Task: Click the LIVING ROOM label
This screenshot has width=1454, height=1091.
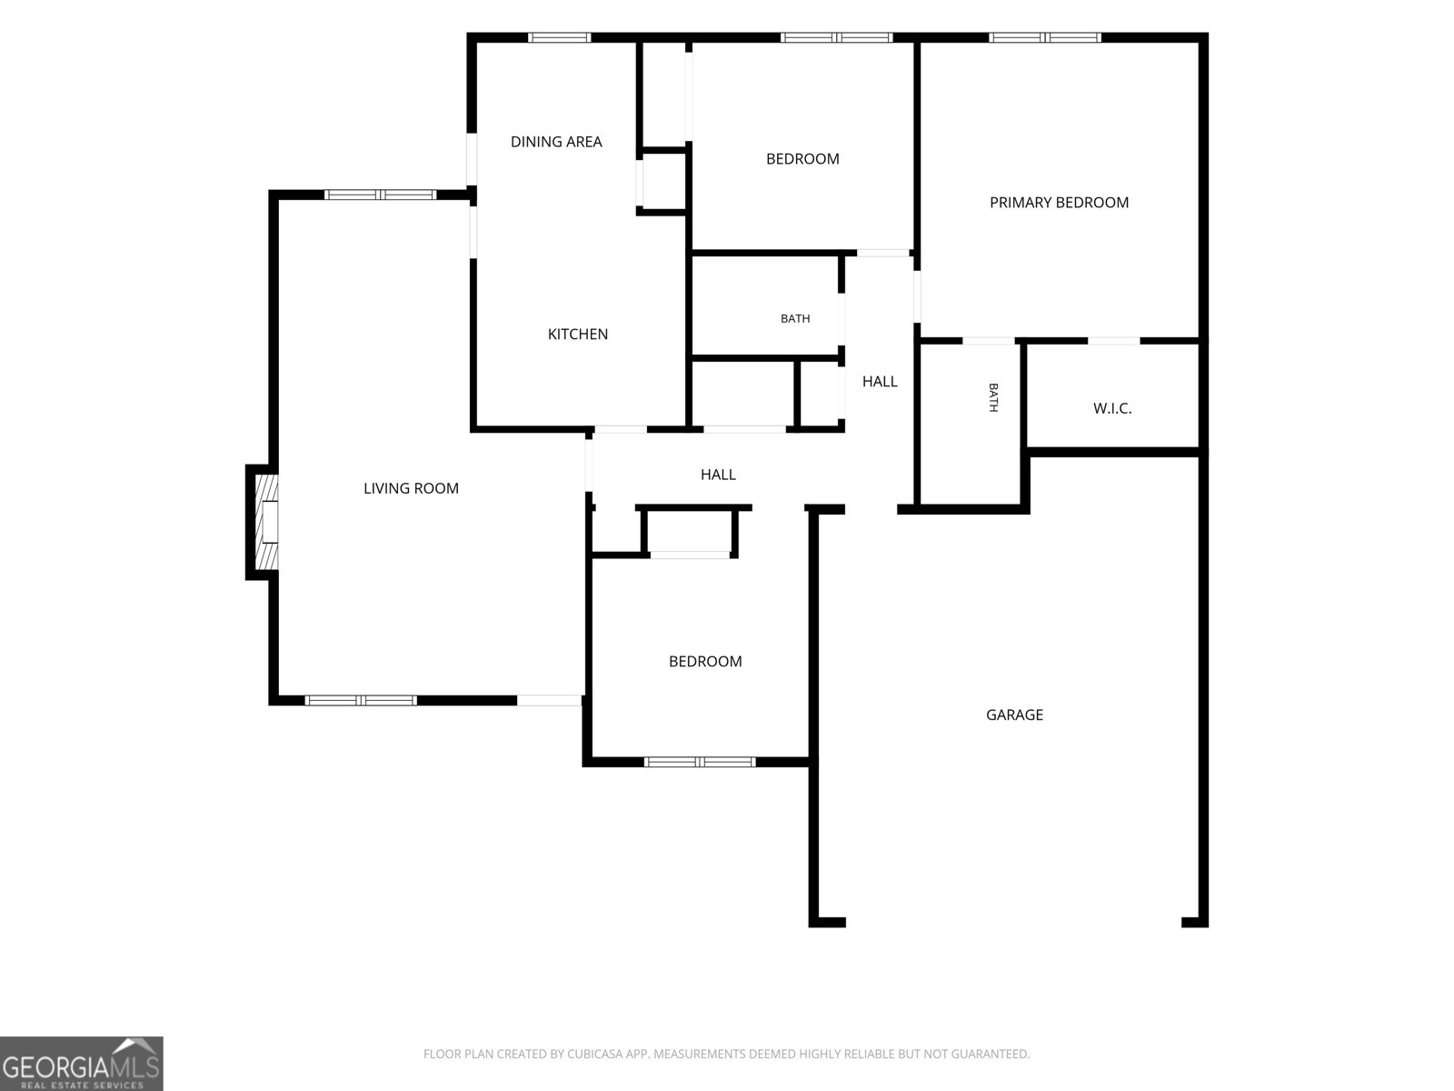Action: tap(411, 488)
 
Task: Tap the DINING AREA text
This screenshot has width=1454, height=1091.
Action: tap(556, 142)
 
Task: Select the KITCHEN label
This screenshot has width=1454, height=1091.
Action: tap(578, 334)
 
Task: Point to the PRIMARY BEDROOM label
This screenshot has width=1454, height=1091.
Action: tap(1059, 203)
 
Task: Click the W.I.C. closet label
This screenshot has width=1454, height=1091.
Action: tap(1112, 408)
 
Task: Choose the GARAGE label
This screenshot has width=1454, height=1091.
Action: tap(1014, 715)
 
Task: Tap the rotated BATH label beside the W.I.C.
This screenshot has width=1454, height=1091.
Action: tap(993, 397)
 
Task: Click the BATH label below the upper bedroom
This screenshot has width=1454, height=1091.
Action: tap(795, 318)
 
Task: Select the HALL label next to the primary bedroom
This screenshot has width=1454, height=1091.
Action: tap(880, 382)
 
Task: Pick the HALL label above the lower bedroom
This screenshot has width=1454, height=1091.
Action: tap(718, 475)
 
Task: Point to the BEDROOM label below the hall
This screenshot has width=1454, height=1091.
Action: tap(705, 661)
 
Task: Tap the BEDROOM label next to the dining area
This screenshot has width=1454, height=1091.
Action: tap(802, 159)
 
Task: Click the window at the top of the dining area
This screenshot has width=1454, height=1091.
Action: tap(559, 38)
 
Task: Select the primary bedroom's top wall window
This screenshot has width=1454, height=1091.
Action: tap(1045, 38)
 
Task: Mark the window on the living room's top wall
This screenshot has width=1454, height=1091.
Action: tap(380, 195)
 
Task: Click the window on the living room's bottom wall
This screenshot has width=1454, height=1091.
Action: tap(361, 700)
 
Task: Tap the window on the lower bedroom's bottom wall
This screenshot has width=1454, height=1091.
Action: tap(700, 762)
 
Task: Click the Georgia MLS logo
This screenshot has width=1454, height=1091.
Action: tap(82, 1064)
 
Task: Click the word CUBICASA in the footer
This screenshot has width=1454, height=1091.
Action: tap(595, 1054)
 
